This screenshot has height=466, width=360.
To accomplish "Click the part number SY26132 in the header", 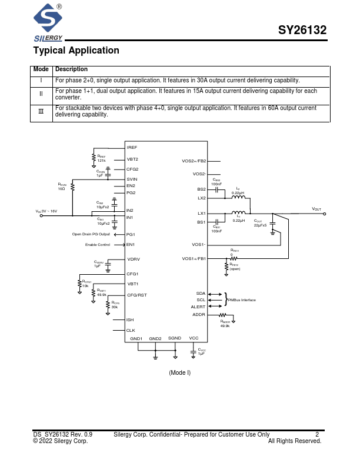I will (302, 31).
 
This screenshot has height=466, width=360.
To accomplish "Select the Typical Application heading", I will (76, 51).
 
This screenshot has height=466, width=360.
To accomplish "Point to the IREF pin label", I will (132, 148).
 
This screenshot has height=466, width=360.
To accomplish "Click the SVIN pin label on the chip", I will (132, 179).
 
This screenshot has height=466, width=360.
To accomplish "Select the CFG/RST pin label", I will (136, 295).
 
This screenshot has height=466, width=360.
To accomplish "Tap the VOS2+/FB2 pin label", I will (194, 161).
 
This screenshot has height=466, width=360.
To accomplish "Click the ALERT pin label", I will (198, 307).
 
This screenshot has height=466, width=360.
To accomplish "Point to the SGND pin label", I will (175, 338).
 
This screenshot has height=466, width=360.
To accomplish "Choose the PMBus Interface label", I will (242, 300).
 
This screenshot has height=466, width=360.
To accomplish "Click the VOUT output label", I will (316, 209).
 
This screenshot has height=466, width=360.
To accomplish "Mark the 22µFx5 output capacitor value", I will (260, 225).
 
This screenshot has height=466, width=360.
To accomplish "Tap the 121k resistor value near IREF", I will (101, 161).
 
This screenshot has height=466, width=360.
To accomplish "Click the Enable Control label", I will (98, 245).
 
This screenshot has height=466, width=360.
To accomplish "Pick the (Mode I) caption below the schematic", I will (179, 373).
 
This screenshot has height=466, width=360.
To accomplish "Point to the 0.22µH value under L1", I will (238, 220).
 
